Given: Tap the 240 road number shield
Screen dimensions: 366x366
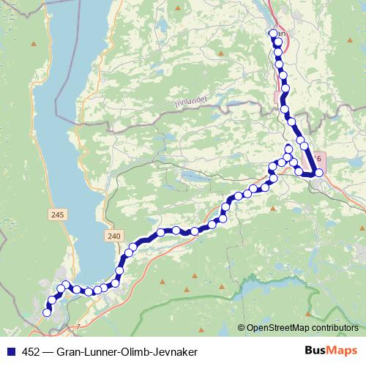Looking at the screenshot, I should [x=112, y=235].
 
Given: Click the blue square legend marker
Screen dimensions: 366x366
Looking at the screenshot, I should [x=10, y=352].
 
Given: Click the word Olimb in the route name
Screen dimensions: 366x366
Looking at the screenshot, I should [x=132, y=352].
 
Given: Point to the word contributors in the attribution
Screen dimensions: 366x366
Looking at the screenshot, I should [x=334, y=327].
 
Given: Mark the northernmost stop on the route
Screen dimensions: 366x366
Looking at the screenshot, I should [x=274, y=34].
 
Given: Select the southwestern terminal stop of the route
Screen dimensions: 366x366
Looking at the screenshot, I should [x=48, y=313].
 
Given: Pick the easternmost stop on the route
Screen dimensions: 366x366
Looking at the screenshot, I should [x=318, y=173].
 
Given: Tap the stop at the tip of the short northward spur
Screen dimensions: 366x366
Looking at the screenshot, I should [x=288, y=150].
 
